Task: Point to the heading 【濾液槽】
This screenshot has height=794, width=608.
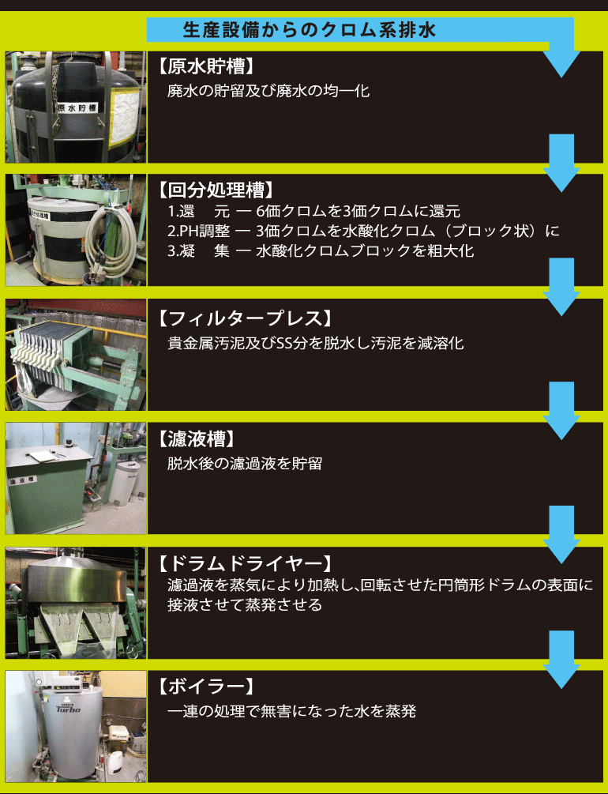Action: [x=197, y=439]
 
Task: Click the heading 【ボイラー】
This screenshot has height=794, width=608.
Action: [x=205, y=687]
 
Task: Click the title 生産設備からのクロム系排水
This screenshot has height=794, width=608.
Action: [x=310, y=30]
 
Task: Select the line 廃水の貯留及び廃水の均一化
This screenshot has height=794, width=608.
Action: [x=268, y=92]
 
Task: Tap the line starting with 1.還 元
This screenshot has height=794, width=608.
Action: [x=313, y=211]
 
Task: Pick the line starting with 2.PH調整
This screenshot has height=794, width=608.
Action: [x=363, y=231]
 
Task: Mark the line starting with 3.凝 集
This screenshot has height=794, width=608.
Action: [x=321, y=251]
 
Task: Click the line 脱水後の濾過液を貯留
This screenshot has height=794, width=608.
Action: [x=245, y=463]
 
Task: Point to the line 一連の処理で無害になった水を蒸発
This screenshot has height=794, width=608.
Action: [x=291, y=712]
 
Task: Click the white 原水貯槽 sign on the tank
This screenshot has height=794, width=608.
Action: [x=77, y=108]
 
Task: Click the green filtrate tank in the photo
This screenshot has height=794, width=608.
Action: [x=48, y=489]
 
